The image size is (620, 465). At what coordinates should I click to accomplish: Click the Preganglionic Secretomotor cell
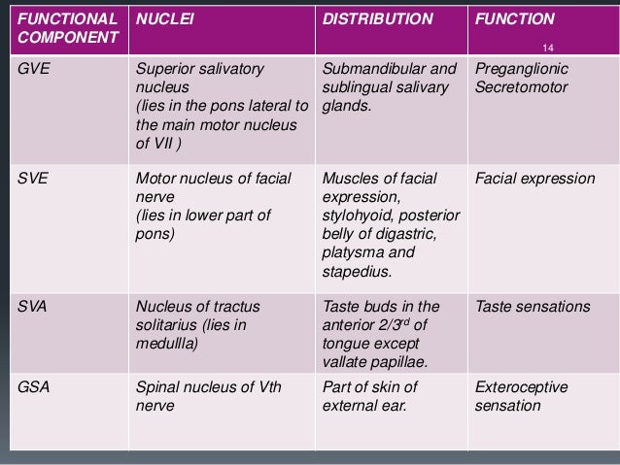point(522,79)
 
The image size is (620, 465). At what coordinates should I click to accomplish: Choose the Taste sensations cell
point(533,307)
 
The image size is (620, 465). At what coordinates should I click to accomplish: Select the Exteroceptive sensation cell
point(522,396)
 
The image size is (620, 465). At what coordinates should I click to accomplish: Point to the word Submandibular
point(369,70)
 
